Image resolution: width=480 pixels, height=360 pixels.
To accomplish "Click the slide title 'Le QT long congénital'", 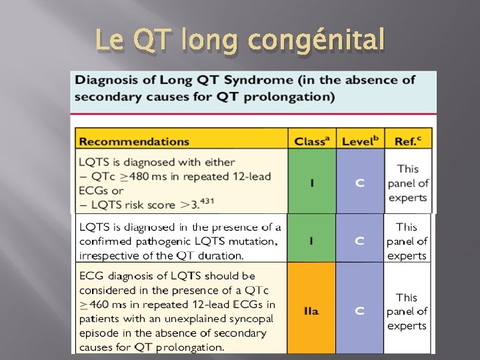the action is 240,41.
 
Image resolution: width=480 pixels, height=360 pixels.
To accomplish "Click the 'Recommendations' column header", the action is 134,141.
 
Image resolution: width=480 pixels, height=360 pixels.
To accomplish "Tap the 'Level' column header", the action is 360,141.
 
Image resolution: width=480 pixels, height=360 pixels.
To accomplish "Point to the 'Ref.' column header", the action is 408,141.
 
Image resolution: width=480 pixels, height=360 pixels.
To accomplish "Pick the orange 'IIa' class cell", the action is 312,311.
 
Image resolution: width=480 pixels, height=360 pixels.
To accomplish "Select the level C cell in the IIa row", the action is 360,311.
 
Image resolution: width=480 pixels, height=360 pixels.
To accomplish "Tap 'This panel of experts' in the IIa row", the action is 407,311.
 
